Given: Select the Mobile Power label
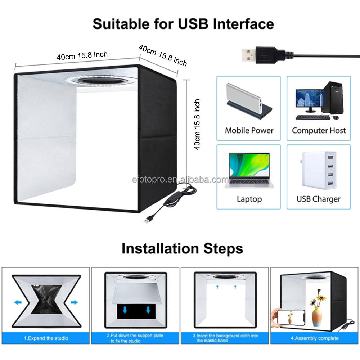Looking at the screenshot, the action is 249,130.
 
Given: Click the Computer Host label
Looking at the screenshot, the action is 319,130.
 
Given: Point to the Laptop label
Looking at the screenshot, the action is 249,199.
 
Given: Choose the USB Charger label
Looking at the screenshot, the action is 319,199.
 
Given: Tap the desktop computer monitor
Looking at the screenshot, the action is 309,99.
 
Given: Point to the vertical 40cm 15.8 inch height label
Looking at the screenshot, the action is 197,124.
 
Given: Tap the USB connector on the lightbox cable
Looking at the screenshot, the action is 148,220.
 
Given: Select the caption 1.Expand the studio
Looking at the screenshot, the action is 46,338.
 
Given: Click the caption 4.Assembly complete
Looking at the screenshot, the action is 314,338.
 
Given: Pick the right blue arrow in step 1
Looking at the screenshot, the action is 73,302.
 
